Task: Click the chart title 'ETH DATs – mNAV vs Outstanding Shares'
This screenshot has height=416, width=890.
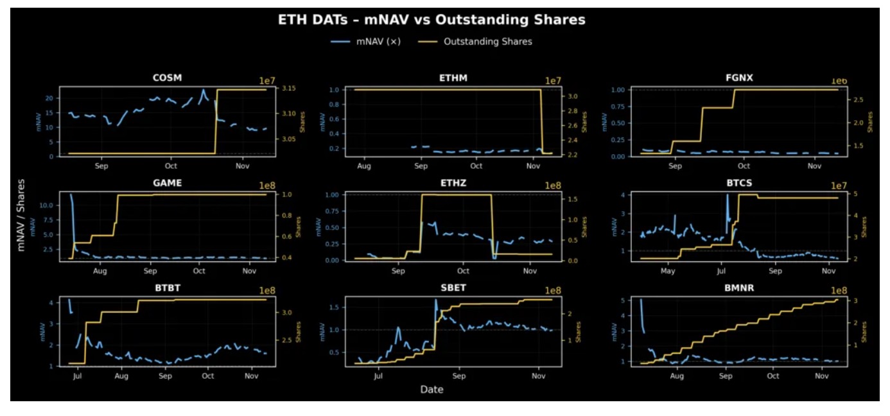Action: (x=432, y=20)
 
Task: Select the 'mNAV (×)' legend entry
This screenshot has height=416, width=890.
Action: (x=379, y=42)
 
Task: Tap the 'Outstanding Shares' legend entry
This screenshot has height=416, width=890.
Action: (x=488, y=42)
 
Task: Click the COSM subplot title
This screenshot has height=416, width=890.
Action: (x=167, y=78)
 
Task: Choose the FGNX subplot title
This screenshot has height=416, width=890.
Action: (x=739, y=78)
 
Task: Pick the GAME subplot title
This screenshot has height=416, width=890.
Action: (x=167, y=183)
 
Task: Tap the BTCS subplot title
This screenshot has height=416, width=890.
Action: (x=739, y=183)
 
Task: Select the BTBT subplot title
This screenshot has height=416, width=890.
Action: (x=167, y=288)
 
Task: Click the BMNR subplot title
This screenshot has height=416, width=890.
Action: (x=739, y=288)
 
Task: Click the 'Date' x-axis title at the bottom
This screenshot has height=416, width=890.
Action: (x=432, y=390)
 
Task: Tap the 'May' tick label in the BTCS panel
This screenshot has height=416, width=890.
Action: (x=668, y=271)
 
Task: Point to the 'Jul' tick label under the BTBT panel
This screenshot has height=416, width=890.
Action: (x=78, y=376)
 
